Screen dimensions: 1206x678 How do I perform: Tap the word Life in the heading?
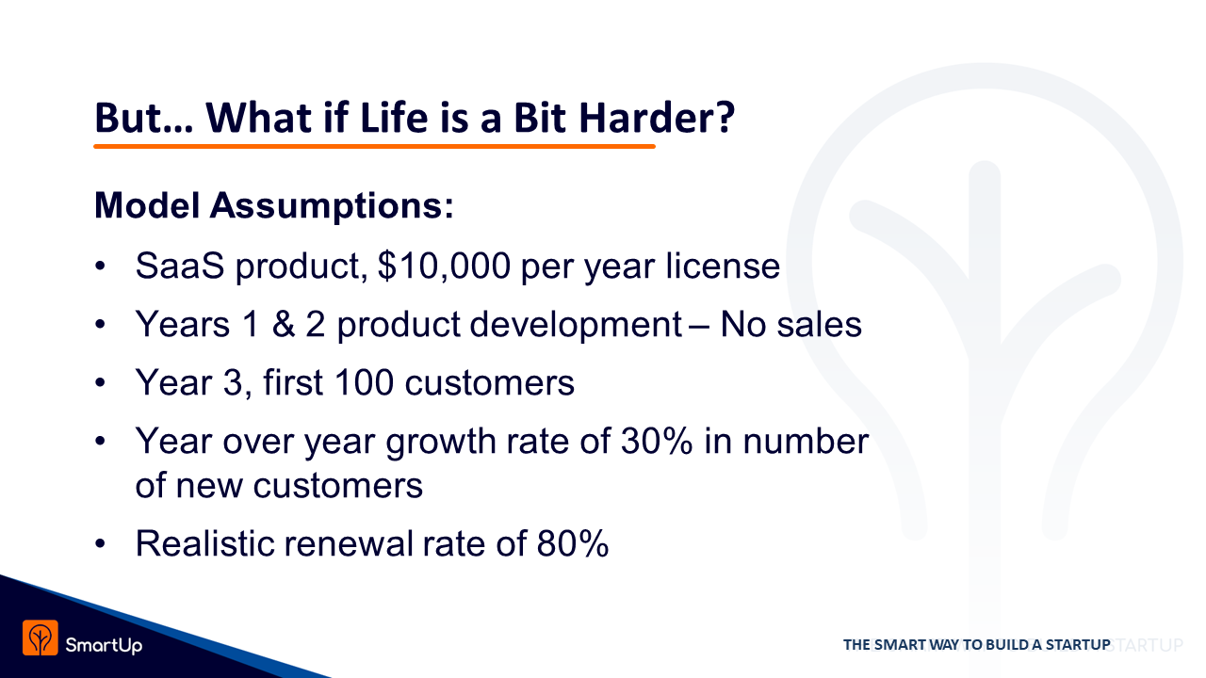pyautogui.click(x=394, y=118)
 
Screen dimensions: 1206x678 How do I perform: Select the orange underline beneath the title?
pyautogui.click(x=374, y=146)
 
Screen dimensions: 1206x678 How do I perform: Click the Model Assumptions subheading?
pyautogui.click(x=274, y=206)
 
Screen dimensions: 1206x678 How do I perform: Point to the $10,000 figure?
pyautogui.click(x=444, y=266)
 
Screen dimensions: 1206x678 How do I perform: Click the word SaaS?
pyautogui.click(x=180, y=266)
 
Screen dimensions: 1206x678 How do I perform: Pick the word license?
pyautogui.click(x=723, y=266)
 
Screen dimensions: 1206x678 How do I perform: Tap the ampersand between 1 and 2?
pyautogui.click(x=284, y=325)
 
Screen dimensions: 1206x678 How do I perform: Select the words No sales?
pyautogui.click(x=790, y=325)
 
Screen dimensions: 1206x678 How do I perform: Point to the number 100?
pyautogui.click(x=364, y=382)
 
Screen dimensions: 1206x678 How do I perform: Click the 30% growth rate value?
pyautogui.click(x=657, y=442)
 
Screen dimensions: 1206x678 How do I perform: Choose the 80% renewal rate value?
pyautogui.click(x=573, y=543)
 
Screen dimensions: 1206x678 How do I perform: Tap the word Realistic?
pyautogui.click(x=204, y=543)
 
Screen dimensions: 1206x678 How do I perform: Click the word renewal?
pyautogui.click(x=349, y=543)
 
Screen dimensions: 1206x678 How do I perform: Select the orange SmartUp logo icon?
pyautogui.click(x=41, y=638)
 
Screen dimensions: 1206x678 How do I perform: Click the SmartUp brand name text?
pyautogui.click(x=104, y=645)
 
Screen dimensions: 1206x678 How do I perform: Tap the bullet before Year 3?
pyautogui.click(x=100, y=383)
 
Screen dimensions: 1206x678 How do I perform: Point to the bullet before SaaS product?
pyautogui.click(x=100, y=266)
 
